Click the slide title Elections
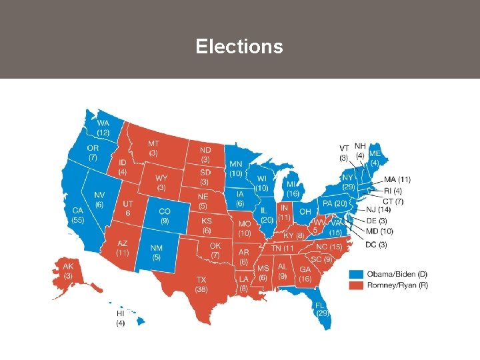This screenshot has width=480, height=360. [239, 47]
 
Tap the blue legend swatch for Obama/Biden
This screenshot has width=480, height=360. [357, 273]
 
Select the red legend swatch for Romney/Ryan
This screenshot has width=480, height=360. [357, 285]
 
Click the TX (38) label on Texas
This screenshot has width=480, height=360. [201, 285]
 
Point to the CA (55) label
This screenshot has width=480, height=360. [79, 215]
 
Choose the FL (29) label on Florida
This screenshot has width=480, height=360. [323, 307]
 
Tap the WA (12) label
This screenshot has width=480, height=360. [103, 128]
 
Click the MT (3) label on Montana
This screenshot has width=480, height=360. [153, 148]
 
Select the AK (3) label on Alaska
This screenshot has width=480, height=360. [68, 271]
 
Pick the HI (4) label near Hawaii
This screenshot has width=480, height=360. [120, 318]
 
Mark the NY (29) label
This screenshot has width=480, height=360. [348, 181]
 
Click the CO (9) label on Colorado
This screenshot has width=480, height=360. [164, 215]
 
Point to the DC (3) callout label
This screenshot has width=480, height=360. [376, 245]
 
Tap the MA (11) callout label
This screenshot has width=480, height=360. [398, 179]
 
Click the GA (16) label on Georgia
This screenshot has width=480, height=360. [305, 274]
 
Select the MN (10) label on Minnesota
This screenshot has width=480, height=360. [235, 169]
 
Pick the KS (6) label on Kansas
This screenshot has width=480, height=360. [207, 225]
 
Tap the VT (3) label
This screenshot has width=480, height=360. [344, 153]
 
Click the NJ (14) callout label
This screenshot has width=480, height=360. [378, 211]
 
